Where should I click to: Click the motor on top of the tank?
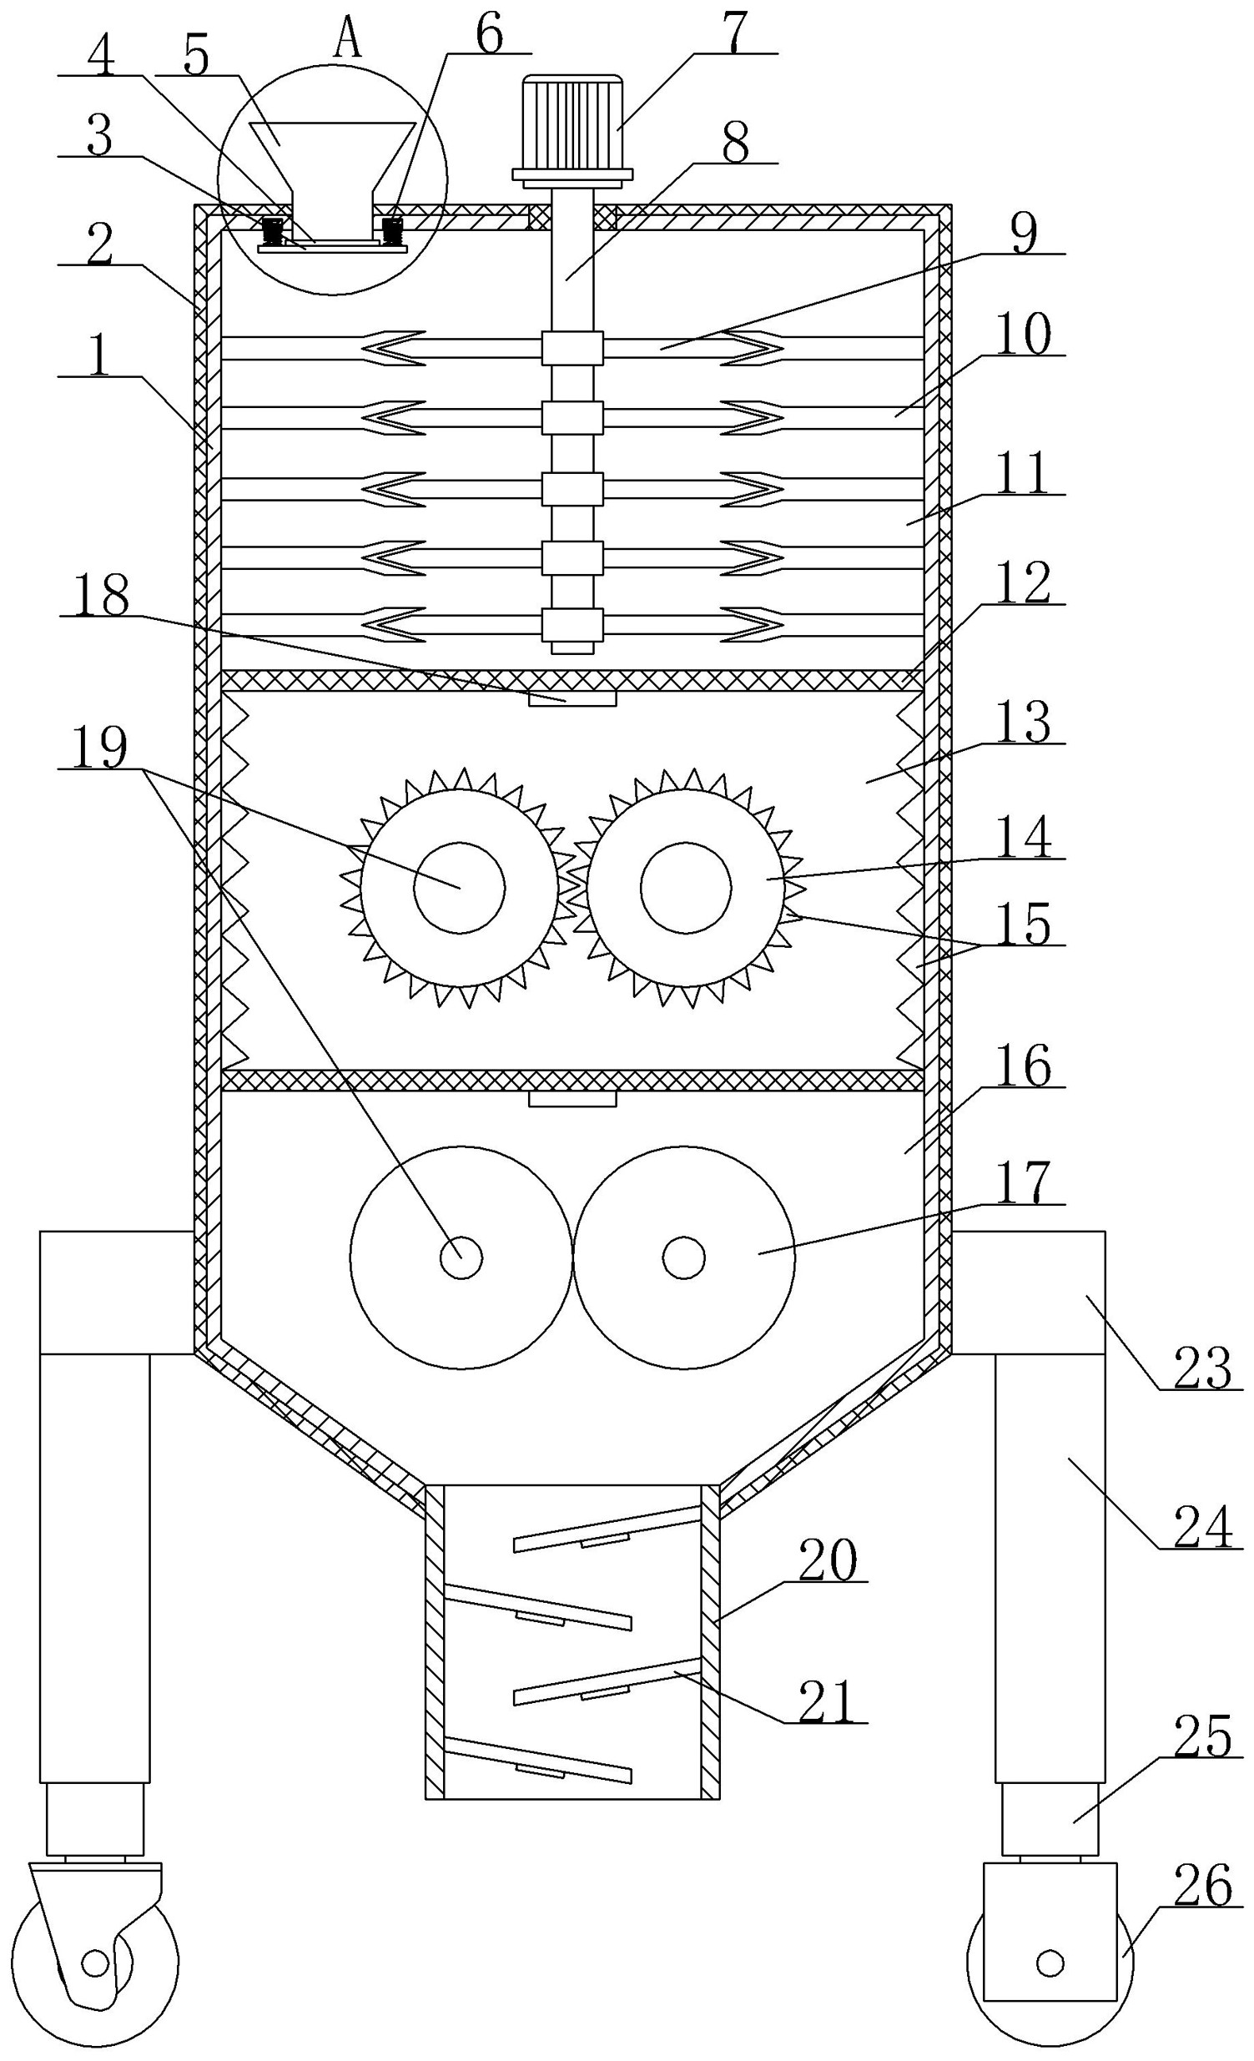pyautogui.click(x=572, y=129)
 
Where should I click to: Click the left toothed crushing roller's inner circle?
pyautogui.click(x=459, y=887)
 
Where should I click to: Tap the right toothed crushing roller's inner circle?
pyautogui.click(x=686, y=887)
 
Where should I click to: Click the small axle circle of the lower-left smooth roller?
pyautogui.click(x=461, y=1257)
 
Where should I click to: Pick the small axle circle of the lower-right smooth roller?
pyautogui.click(x=683, y=1257)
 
